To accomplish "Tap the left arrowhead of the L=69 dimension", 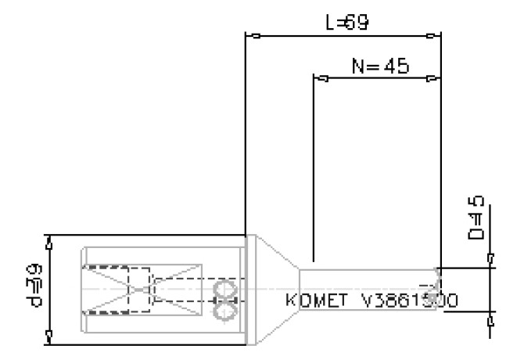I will (252, 35).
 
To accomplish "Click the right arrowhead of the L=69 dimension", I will (432, 35).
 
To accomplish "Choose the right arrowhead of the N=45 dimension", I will (432, 79).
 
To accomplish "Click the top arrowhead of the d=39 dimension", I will (50, 245).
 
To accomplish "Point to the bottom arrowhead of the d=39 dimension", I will (50, 336).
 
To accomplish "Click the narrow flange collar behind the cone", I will (250, 290).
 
